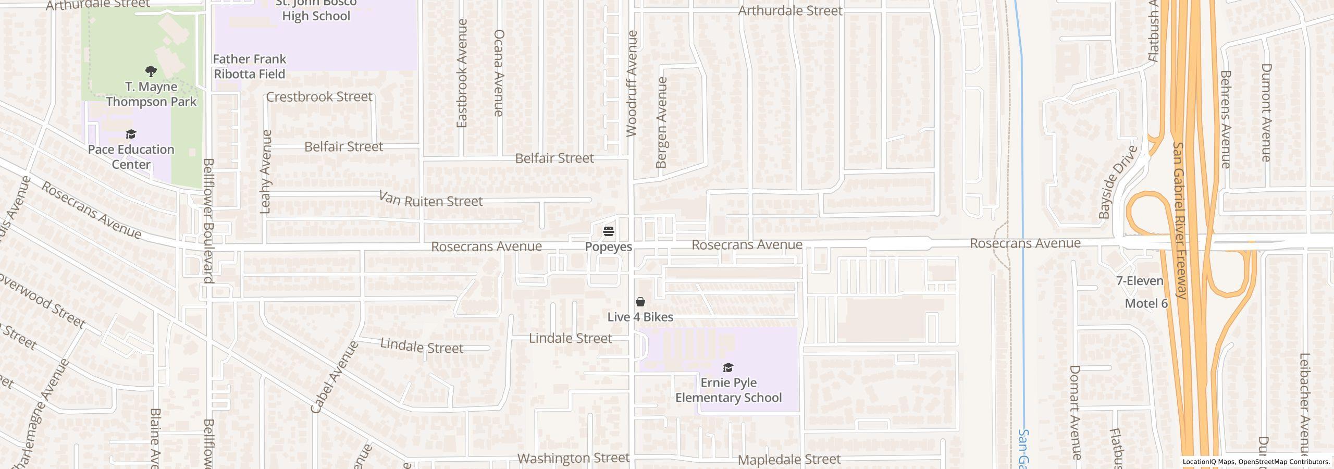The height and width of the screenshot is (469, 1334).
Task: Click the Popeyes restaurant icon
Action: (x=609, y=231)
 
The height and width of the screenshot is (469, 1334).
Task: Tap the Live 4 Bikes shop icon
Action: (x=640, y=302)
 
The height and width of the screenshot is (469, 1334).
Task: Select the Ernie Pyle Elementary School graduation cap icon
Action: (x=728, y=368)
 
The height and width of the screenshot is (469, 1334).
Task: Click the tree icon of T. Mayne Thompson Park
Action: (x=151, y=71)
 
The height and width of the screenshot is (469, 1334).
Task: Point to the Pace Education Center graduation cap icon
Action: (x=131, y=134)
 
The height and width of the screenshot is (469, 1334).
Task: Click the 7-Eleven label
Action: (x=1140, y=281)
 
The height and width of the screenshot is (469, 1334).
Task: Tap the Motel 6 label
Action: (x=1146, y=303)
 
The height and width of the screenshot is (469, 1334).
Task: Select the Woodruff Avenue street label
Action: (x=632, y=83)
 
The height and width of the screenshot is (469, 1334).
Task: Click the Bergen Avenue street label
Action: (x=662, y=122)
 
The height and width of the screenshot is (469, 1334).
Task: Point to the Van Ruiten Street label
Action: (x=430, y=200)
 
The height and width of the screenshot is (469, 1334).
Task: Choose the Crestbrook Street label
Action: (x=319, y=97)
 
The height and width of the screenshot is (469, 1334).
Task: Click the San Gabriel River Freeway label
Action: (x=1180, y=220)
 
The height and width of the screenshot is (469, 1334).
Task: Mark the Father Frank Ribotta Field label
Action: (x=250, y=66)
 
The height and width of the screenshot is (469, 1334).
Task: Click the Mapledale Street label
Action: (x=789, y=459)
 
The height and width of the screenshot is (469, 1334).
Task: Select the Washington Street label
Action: (x=573, y=458)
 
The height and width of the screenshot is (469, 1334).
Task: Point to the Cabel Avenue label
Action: (x=335, y=377)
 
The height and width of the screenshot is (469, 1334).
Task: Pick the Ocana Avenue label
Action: (x=499, y=72)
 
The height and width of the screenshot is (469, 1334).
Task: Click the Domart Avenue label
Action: (x=1076, y=412)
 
